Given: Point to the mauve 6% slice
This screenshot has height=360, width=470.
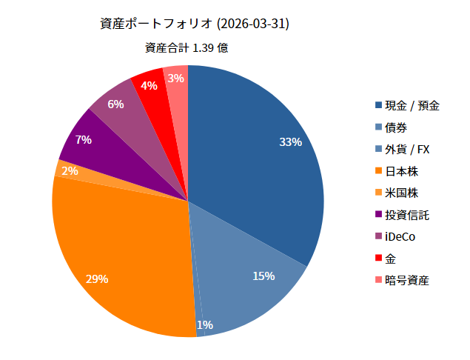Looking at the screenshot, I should coord(118,107).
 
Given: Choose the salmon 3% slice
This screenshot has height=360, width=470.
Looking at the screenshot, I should coord(176,80).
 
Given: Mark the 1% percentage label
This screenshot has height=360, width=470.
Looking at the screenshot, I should coord(204,324).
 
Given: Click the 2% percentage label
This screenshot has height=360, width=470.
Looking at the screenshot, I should coord(70,171).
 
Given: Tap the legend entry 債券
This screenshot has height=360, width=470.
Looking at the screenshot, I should coord(397,127).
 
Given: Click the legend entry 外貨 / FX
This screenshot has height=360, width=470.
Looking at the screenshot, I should coord(407,150).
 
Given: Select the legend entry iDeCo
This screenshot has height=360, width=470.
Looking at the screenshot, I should coord(400,237).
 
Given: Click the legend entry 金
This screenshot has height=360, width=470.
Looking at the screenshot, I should coord(391,259).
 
